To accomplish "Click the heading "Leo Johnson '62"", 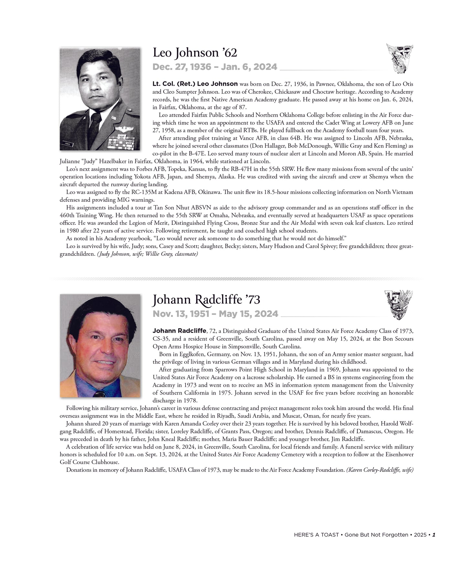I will (195, 53).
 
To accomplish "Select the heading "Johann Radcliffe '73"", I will (206, 300).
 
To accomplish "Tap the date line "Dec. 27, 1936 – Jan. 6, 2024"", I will (215, 67).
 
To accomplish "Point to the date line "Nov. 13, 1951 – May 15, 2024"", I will (215, 314).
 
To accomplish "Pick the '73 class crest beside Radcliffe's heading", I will (398, 305).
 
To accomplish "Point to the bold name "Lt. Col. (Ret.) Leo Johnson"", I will (195, 84).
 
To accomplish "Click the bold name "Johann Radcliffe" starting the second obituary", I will (179, 331).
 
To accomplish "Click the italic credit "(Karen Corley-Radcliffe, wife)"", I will (380, 470).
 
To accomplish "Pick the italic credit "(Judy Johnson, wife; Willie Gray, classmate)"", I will (147, 254).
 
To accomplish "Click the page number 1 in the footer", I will (434, 535).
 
